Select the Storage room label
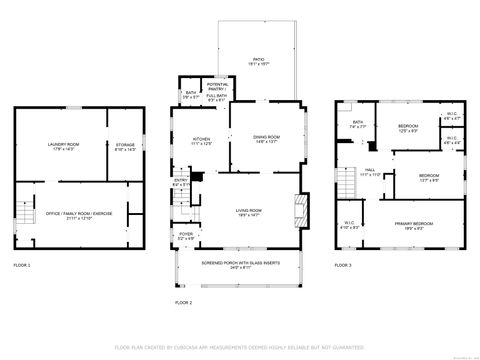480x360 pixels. click(125, 146)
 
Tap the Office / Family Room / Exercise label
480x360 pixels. click(81, 217)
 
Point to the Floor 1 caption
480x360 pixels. click(22, 265)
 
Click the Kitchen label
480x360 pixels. click(201, 141)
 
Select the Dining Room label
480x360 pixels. click(265, 139)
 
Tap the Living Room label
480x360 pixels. click(249, 211)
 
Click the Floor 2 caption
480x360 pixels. click(183, 301)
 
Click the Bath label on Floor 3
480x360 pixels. click(357, 126)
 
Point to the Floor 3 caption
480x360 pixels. click(343, 265)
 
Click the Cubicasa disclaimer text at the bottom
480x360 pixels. click(240, 347)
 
